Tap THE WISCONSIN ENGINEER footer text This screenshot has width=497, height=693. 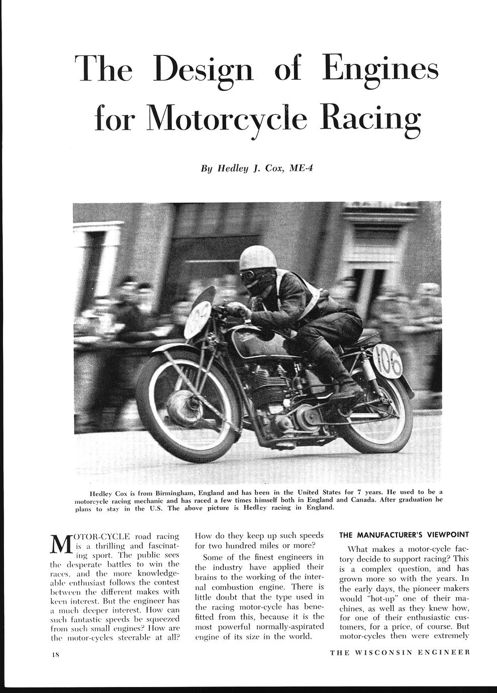400,653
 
